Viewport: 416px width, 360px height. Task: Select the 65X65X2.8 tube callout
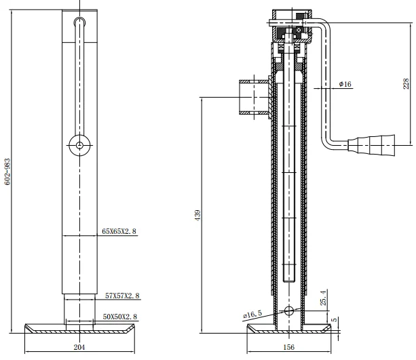click(x=119, y=231)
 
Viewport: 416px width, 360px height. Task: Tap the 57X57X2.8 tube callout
click(x=122, y=296)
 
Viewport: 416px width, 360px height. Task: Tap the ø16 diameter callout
click(x=345, y=84)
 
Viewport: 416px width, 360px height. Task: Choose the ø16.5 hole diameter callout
click(x=252, y=315)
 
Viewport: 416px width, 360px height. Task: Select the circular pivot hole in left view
click(x=80, y=145)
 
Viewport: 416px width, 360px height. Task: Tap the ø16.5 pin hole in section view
click(x=290, y=311)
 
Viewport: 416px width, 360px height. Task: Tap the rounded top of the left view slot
click(x=80, y=21)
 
